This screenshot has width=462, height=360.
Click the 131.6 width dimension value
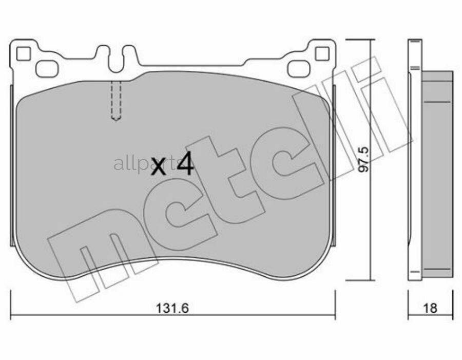click(x=172, y=308)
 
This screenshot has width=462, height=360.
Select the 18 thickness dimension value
click(x=430, y=308)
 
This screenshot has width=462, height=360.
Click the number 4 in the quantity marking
click(x=185, y=164)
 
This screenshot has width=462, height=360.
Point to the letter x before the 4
click(x=158, y=168)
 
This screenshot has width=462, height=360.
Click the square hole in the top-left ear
click(x=23, y=53)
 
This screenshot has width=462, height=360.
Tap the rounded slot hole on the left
click(x=47, y=69)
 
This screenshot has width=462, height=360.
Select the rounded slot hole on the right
click(x=299, y=69)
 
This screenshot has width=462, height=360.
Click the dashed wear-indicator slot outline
click(x=116, y=100)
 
